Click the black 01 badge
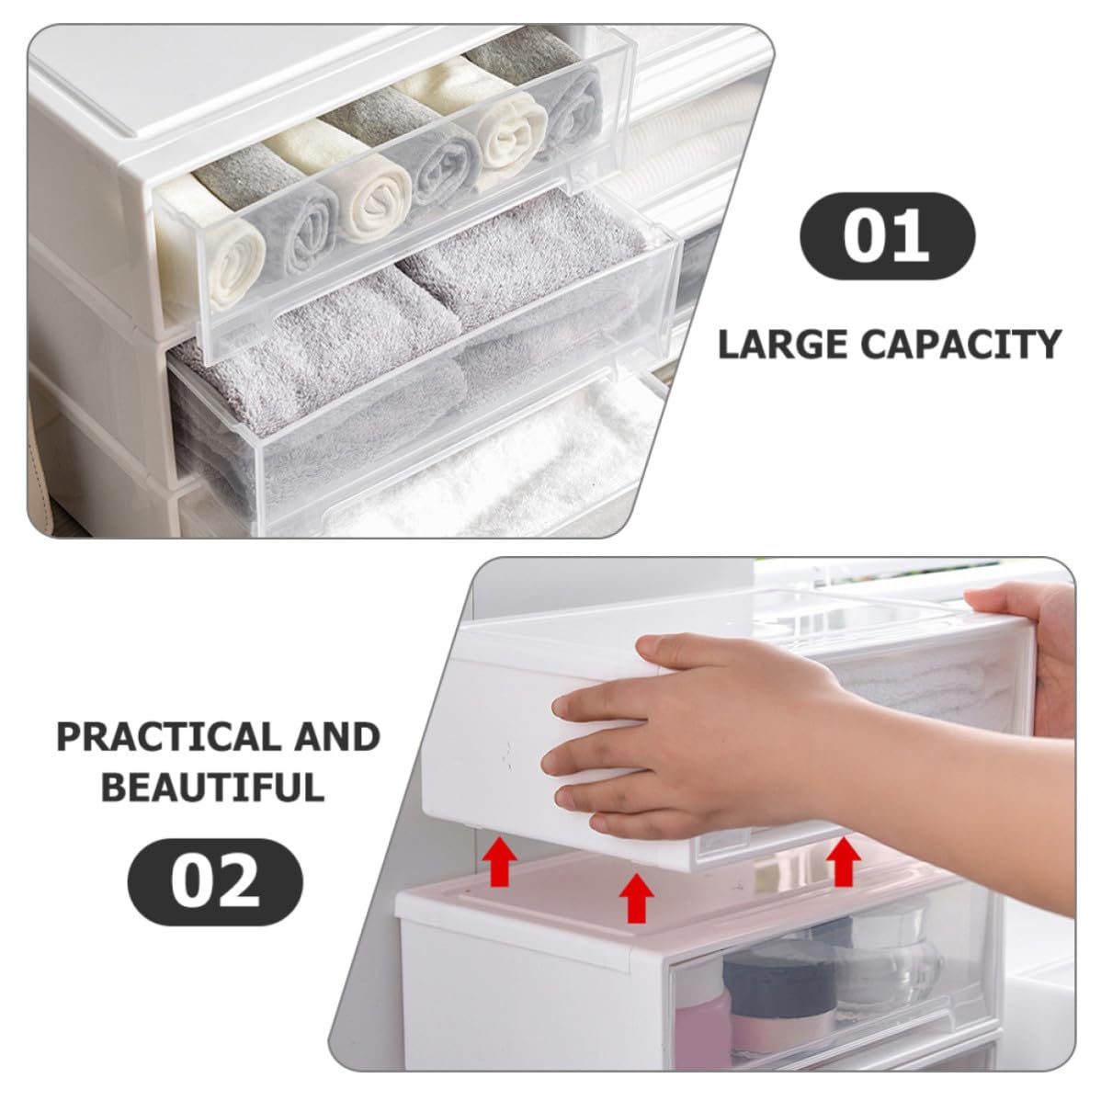pyautogui.click(x=887, y=236)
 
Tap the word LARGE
pyautogui.click(x=784, y=345)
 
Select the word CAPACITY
pyautogui.click(x=961, y=345)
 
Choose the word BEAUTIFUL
pyautogui.click(x=213, y=787)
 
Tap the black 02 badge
pyautogui.click(x=215, y=882)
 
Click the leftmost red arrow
pyautogui.click(x=499, y=860)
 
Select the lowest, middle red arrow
pyautogui.click(x=637, y=897)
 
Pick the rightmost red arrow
pyautogui.click(x=844, y=861)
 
